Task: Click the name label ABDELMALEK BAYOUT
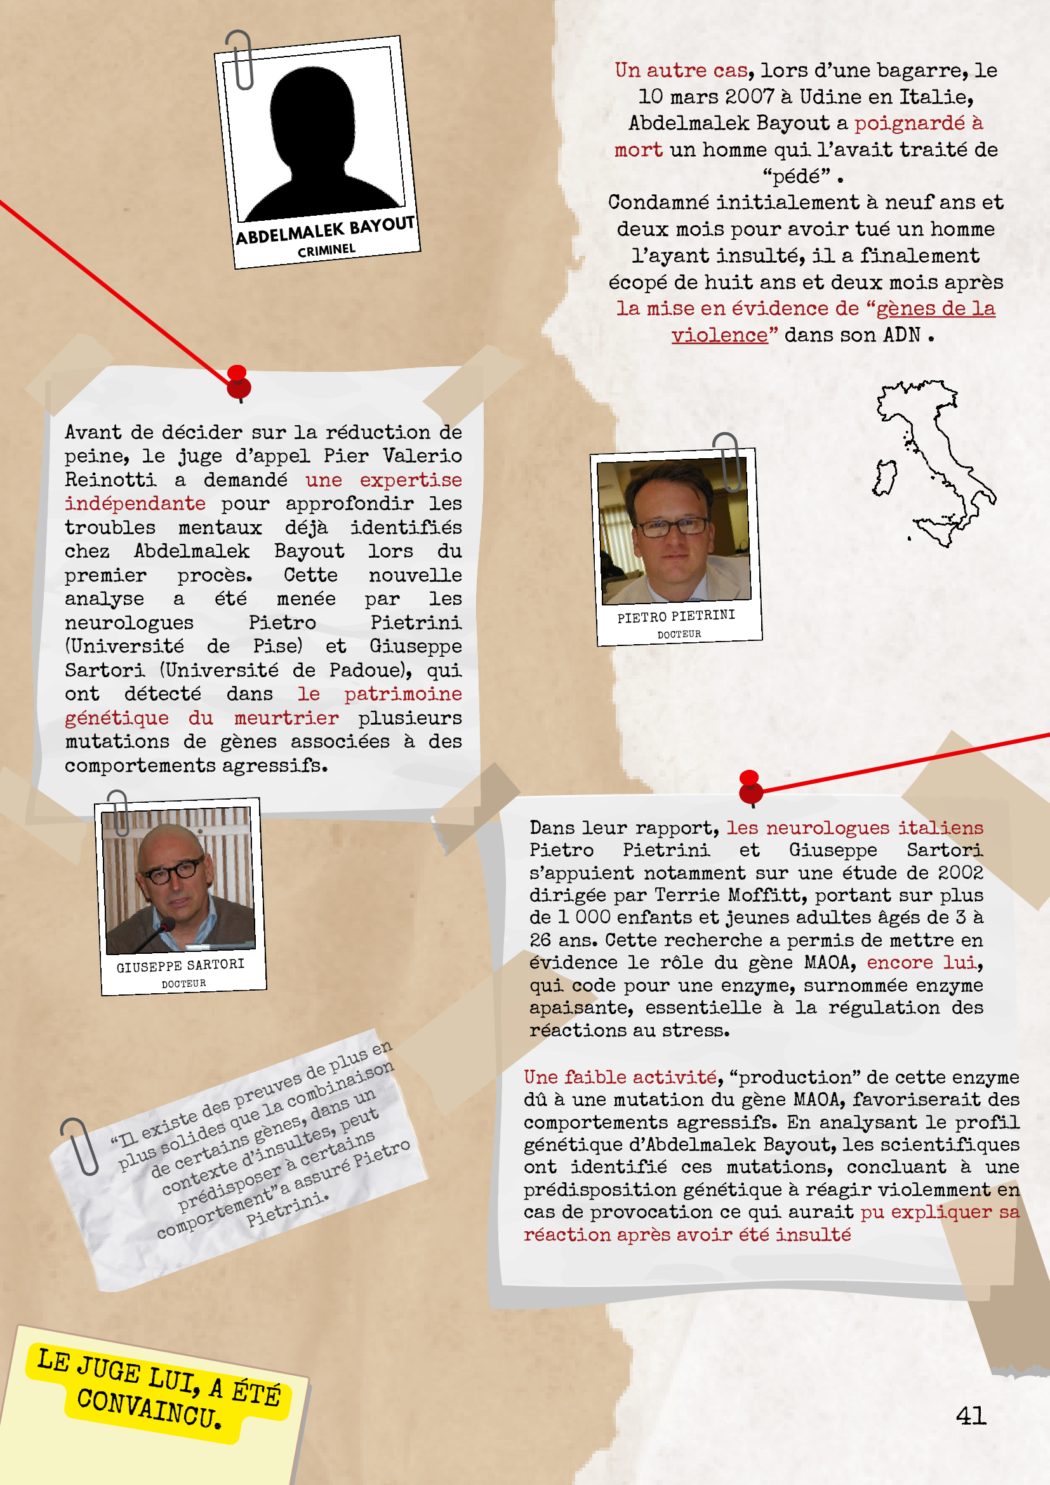click(325, 230)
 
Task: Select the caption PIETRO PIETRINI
click(676, 616)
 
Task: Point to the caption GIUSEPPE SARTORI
click(180, 966)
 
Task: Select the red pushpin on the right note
click(750, 787)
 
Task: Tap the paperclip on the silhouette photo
click(241, 60)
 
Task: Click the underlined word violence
click(719, 335)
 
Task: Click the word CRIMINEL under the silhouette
click(327, 250)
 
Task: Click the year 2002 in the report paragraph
click(960, 873)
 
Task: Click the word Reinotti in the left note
click(110, 480)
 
